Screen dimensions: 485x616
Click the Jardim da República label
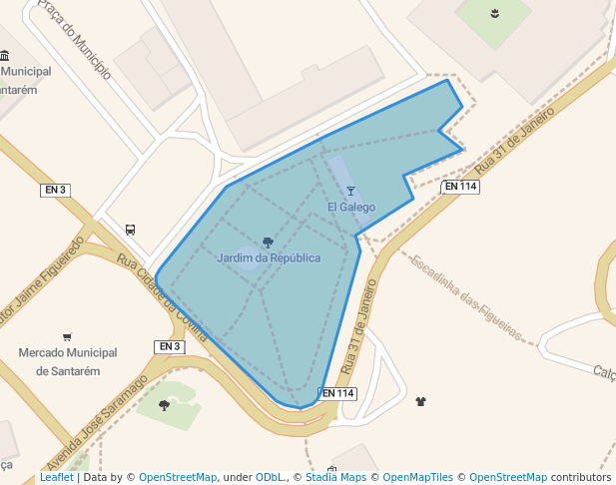click(x=269, y=258)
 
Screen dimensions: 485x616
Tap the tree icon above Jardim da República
click(x=268, y=242)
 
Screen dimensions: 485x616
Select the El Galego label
click(x=351, y=208)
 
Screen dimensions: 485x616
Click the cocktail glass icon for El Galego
click(x=350, y=191)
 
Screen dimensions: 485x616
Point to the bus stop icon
click(x=130, y=229)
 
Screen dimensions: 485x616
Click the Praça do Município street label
click(x=74, y=40)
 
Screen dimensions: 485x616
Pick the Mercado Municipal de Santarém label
click(x=68, y=361)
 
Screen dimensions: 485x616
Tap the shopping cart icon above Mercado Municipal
click(x=67, y=336)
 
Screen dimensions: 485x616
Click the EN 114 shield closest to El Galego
click(x=460, y=187)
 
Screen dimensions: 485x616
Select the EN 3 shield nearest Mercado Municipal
click(x=170, y=346)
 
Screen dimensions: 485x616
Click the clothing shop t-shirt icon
click(x=420, y=401)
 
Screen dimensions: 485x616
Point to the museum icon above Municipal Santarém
click(x=6, y=56)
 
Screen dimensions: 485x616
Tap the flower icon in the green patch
click(x=494, y=13)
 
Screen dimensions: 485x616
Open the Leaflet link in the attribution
click(x=56, y=478)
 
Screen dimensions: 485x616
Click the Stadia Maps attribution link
click(x=335, y=478)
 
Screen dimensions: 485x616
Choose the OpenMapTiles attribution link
click(x=417, y=478)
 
